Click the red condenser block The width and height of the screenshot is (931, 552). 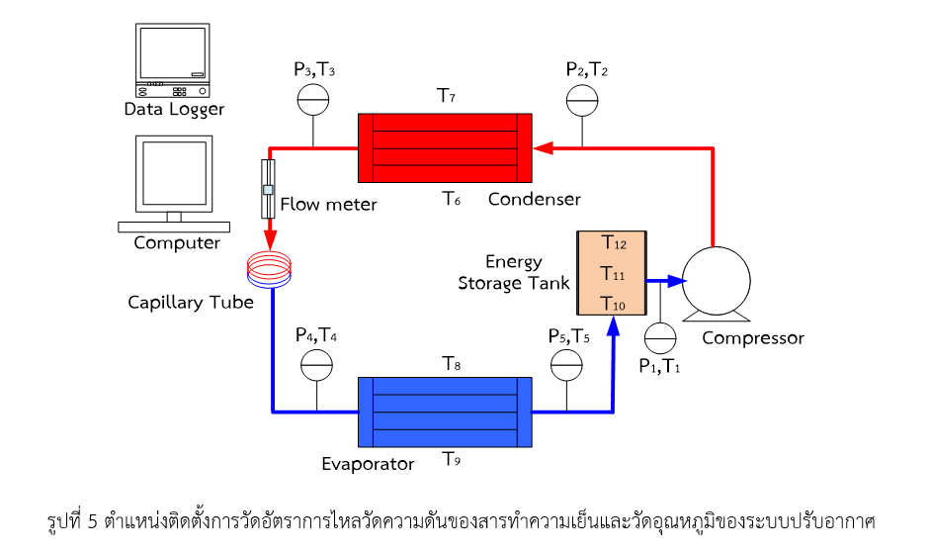tap(445, 147)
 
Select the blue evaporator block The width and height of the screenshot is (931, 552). tap(445, 411)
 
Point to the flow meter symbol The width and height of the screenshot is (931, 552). tap(268, 189)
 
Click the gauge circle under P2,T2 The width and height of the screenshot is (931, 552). tap(582, 99)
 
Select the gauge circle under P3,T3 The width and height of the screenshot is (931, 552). tap(313, 99)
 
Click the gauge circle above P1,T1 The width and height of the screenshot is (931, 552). tap(660, 336)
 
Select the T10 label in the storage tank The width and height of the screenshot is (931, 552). tap(614, 306)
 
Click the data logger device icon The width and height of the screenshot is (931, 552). tap(172, 56)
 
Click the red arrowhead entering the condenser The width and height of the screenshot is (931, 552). tap(543, 147)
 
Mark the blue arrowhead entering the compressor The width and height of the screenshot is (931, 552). tap(675, 281)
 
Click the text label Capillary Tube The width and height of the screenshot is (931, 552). tap(191, 302)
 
